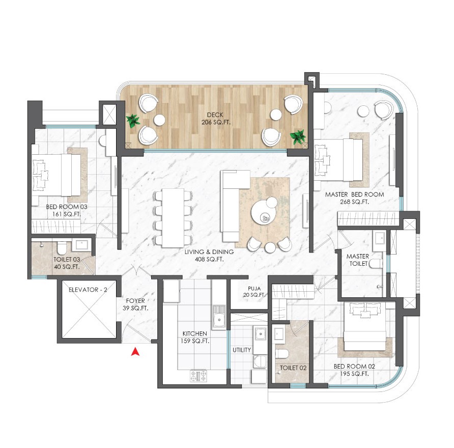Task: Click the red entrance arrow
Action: tap(135, 352)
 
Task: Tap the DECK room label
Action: tap(215, 115)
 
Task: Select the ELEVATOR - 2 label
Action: tap(88, 290)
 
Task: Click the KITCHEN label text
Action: tap(194, 333)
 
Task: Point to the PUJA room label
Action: tap(254, 289)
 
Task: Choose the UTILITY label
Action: tap(242, 350)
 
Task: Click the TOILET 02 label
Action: tap(293, 368)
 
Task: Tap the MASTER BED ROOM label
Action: tap(354, 194)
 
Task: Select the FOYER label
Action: tap(135, 301)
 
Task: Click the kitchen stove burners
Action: tap(198, 376)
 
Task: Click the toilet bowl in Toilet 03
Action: tap(62, 247)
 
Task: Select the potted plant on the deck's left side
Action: tap(133, 121)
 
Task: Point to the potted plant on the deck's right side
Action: tap(298, 136)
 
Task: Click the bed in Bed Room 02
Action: tap(364, 327)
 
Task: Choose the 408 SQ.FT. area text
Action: tap(209, 260)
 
